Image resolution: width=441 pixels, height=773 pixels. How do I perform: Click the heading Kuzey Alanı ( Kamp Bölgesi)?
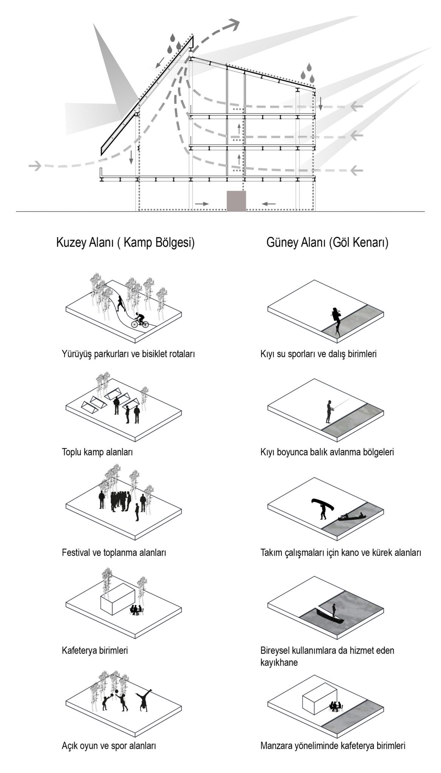[x=125, y=242]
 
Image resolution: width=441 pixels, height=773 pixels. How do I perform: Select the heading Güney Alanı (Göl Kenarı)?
[x=327, y=242]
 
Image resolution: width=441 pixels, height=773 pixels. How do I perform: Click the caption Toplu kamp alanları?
[x=97, y=452]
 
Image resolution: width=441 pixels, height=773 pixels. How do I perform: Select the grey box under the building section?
[x=236, y=201]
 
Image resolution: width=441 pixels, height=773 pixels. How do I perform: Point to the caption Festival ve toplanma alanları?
[x=114, y=553]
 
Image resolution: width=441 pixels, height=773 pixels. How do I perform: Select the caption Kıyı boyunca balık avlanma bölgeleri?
[x=327, y=452]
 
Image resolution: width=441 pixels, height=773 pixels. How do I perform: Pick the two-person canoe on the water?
[x=351, y=517]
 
